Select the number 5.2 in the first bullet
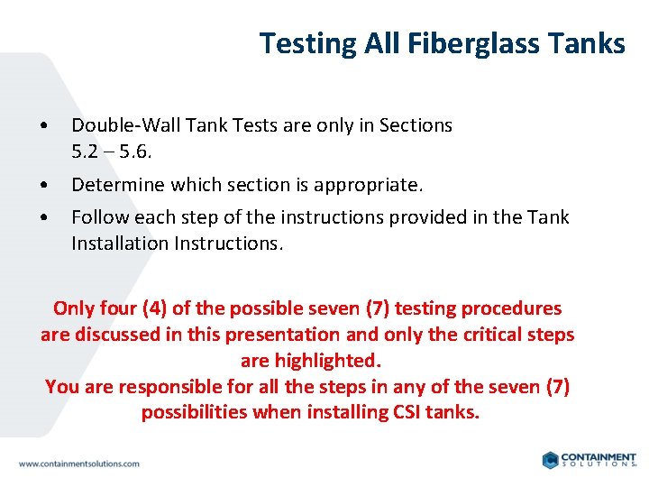coord(86,152)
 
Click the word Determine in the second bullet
coord(113,185)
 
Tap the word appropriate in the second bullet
coord(371,185)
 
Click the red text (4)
coord(154,308)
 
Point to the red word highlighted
coord(310,361)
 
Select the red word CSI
coord(406,412)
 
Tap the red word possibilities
coord(194,412)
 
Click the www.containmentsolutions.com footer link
coord(79,464)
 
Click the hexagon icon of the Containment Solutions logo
coord(549,460)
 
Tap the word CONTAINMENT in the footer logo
coord(599,457)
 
